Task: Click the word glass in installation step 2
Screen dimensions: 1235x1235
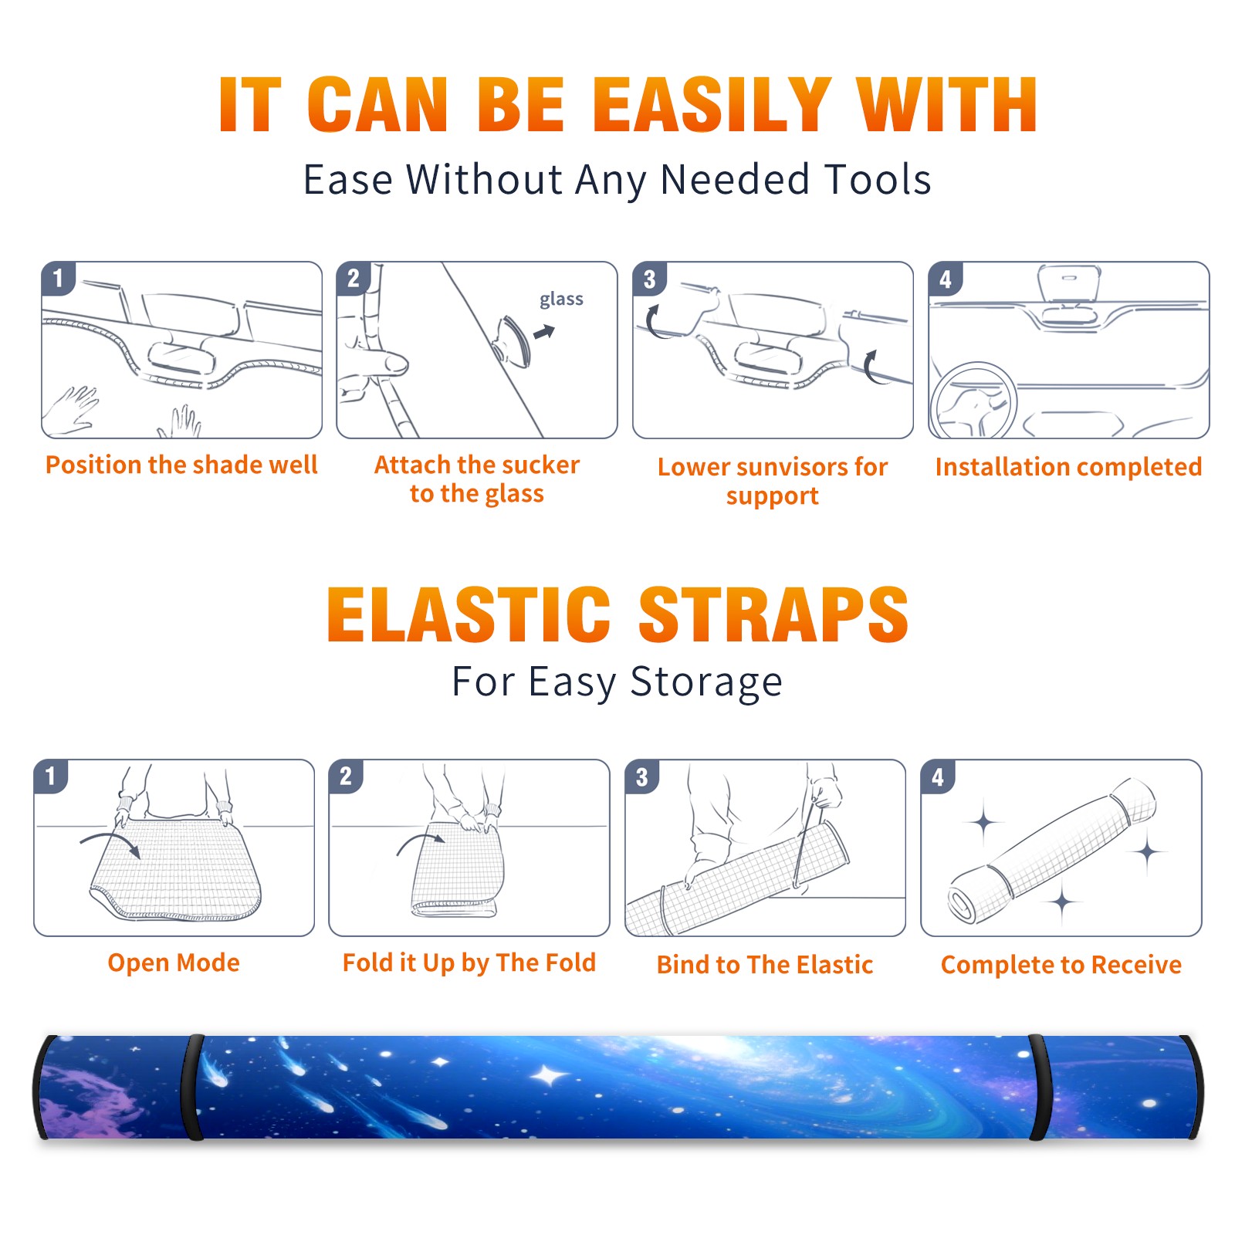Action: click(x=561, y=299)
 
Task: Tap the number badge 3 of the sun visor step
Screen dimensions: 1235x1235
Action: click(x=648, y=279)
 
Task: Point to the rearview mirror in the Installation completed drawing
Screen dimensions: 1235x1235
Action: click(x=1068, y=283)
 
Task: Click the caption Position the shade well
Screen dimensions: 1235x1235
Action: click(x=181, y=465)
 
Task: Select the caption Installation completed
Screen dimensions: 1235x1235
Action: click(x=1068, y=467)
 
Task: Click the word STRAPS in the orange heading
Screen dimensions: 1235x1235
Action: click(x=773, y=614)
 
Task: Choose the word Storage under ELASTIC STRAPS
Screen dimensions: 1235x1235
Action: click(x=706, y=682)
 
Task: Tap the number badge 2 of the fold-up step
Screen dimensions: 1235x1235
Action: click(x=346, y=776)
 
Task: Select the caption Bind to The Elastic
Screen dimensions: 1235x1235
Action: click(x=765, y=965)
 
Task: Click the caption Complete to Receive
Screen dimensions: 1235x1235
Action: click(x=1061, y=965)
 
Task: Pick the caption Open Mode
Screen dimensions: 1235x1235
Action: click(x=174, y=963)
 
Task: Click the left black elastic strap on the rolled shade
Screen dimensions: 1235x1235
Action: click(x=193, y=1088)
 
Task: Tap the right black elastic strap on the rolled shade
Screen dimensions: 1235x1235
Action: click(x=1039, y=1088)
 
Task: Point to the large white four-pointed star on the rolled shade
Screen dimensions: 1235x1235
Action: click(x=549, y=1075)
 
